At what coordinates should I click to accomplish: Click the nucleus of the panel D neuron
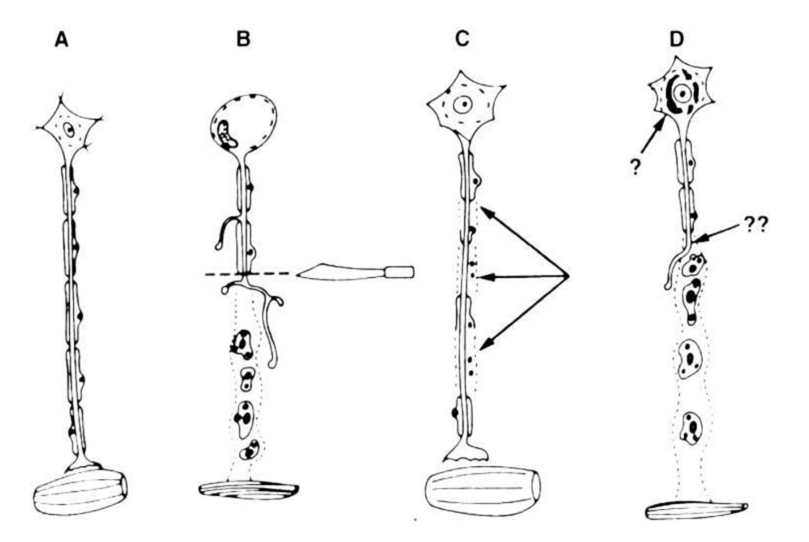point(683,93)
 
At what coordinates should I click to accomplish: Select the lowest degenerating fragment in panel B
point(249,450)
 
